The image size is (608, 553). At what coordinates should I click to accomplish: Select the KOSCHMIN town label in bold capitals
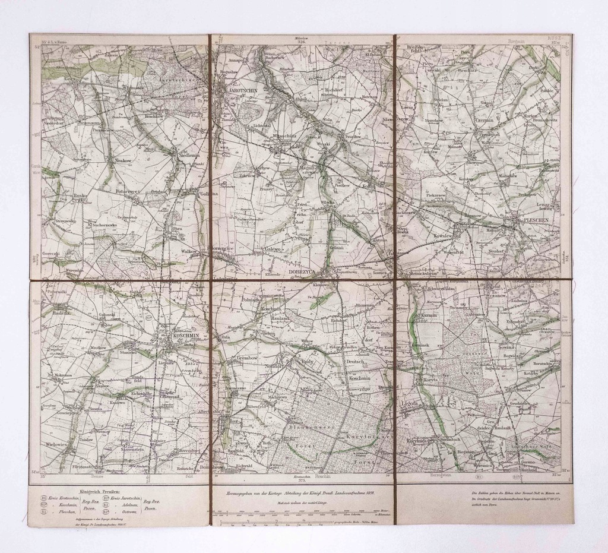[185, 336]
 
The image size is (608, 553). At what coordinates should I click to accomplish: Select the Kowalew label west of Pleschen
[443, 236]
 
